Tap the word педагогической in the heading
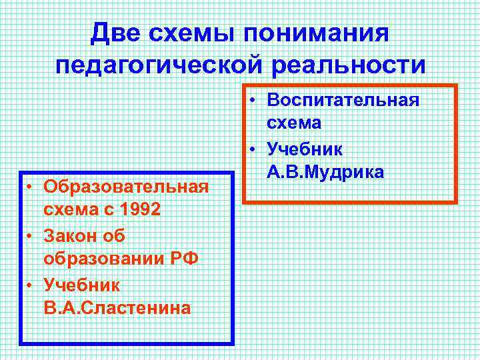coord(169,65)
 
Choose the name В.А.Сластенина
coord(117,308)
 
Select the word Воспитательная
coord(343,99)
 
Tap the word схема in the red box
coord(294,123)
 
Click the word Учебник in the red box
coord(305,148)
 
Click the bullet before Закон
coord(31,236)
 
